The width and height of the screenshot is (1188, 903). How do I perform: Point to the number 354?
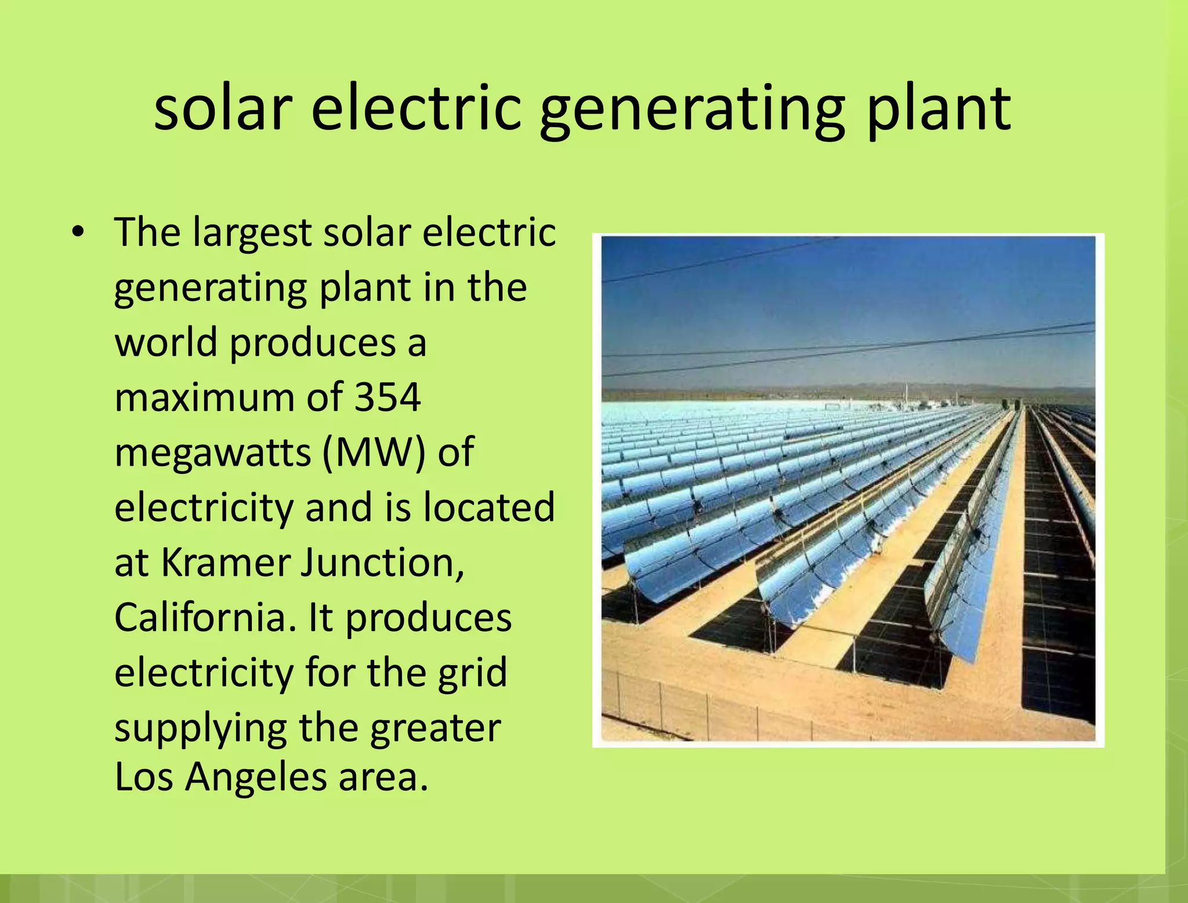click(387, 398)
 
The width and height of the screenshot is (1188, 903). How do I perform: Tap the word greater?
click(435, 728)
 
